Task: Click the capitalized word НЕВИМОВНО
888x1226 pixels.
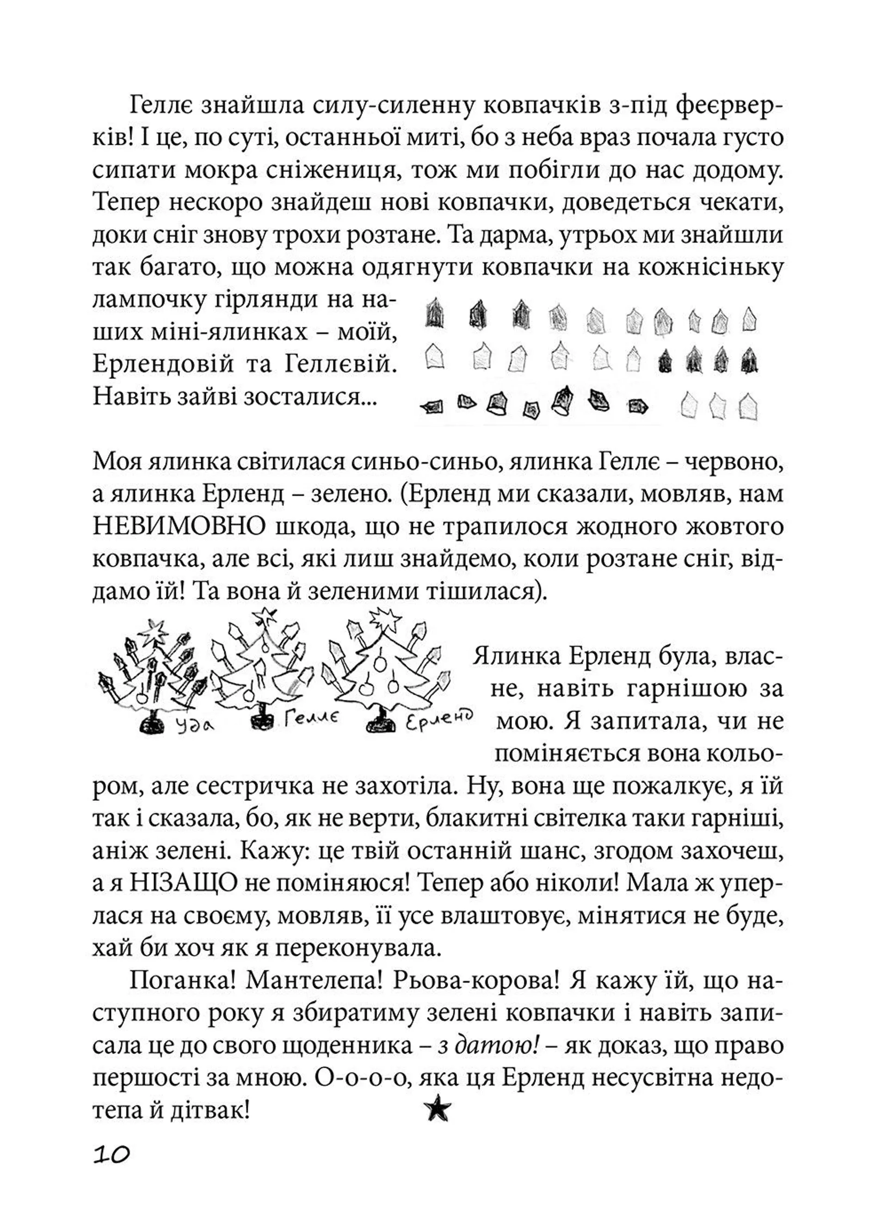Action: point(179,526)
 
